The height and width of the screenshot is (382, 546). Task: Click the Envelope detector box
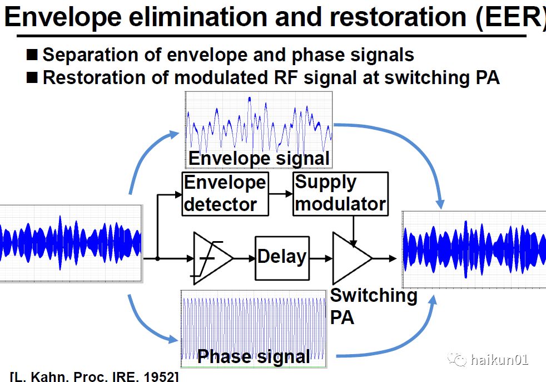pos(225,194)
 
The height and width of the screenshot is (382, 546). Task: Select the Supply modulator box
pos(340,193)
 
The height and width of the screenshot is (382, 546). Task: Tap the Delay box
pos(282,258)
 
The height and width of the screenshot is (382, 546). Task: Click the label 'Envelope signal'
pos(259,158)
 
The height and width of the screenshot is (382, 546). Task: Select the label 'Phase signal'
pos(254,356)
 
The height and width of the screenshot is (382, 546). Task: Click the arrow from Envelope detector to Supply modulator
pos(281,194)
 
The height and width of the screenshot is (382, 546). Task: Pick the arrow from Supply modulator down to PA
pos(354,230)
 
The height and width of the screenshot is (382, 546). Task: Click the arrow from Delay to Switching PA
pos(321,258)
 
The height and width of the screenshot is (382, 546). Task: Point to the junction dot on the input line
pos(158,258)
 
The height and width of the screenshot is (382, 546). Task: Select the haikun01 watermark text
pos(499,360)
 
